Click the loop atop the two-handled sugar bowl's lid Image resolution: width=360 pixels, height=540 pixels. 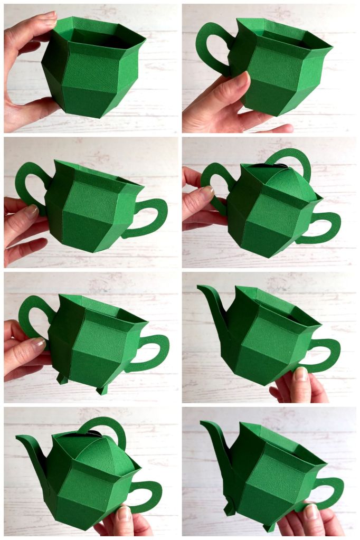293,158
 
